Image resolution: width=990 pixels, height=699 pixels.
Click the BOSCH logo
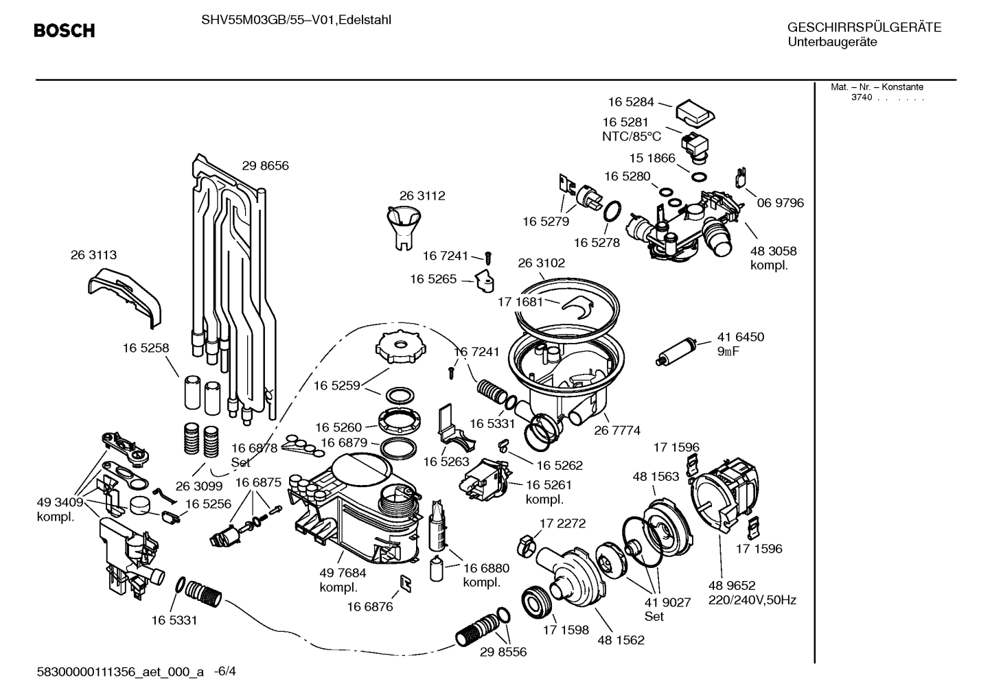click(65, 31)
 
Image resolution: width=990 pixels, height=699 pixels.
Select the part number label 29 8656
click(265, 165)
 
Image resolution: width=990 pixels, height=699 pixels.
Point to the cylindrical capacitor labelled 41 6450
click(680, 350)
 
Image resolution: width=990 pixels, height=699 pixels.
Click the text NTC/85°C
click(631, 137)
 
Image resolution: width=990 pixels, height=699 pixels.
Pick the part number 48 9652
click(732, 585)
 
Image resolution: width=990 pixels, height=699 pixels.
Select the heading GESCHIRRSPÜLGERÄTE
click(864, 27)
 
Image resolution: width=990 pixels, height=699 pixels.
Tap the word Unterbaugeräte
click(832, 43)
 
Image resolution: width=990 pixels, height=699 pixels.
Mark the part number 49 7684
click(343, 573)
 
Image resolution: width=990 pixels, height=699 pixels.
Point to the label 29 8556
click(503, 652)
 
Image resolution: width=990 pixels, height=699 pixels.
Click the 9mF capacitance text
click(728, 352)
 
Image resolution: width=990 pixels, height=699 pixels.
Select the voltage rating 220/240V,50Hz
click(752, 600)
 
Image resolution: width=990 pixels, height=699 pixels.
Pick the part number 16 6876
click(369, 606)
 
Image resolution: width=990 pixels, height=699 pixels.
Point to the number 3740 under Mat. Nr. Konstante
click(861, 97)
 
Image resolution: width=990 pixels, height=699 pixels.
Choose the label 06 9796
click(780, 203)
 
